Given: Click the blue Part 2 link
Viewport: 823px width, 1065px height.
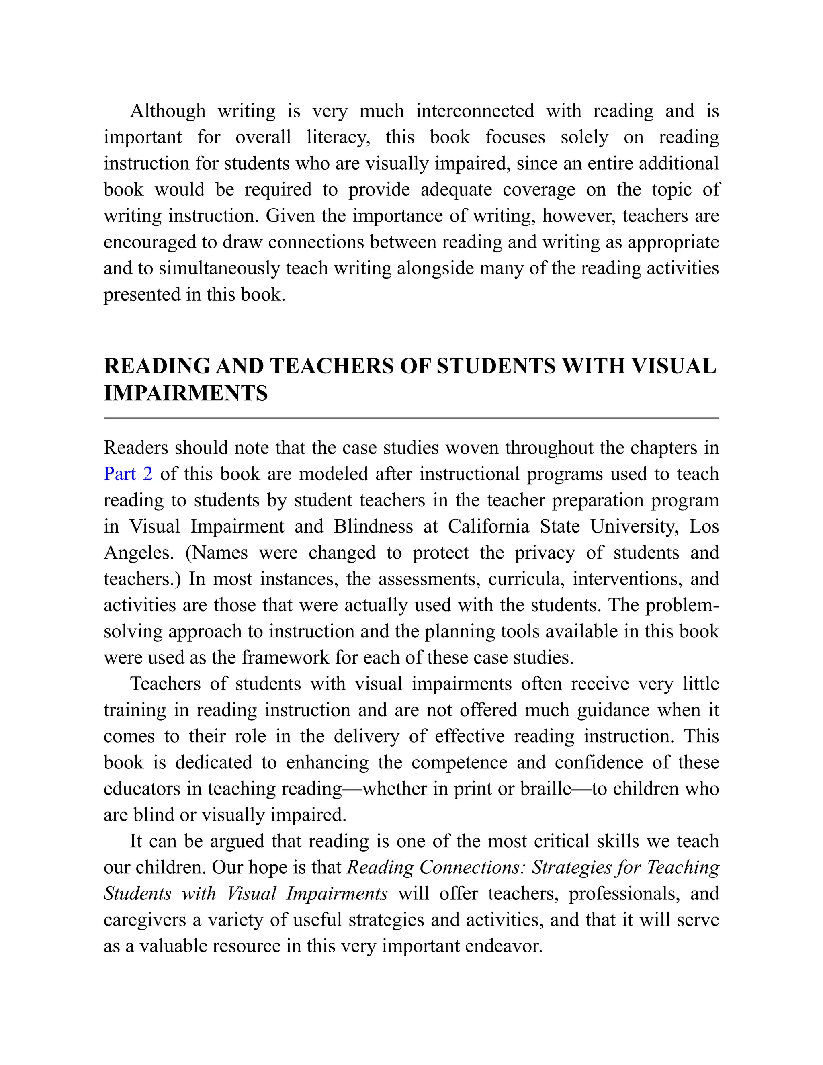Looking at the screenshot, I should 128,474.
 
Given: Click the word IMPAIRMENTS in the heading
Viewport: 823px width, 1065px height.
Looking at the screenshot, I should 186,393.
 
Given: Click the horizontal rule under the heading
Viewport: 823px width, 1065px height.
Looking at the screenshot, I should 411,418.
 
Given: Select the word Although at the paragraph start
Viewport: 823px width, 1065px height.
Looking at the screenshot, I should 168,111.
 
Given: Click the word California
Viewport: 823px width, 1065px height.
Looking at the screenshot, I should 488,526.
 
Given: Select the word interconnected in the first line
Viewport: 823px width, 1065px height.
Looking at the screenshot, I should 475,111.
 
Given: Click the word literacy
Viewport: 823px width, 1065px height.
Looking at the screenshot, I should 338,137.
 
